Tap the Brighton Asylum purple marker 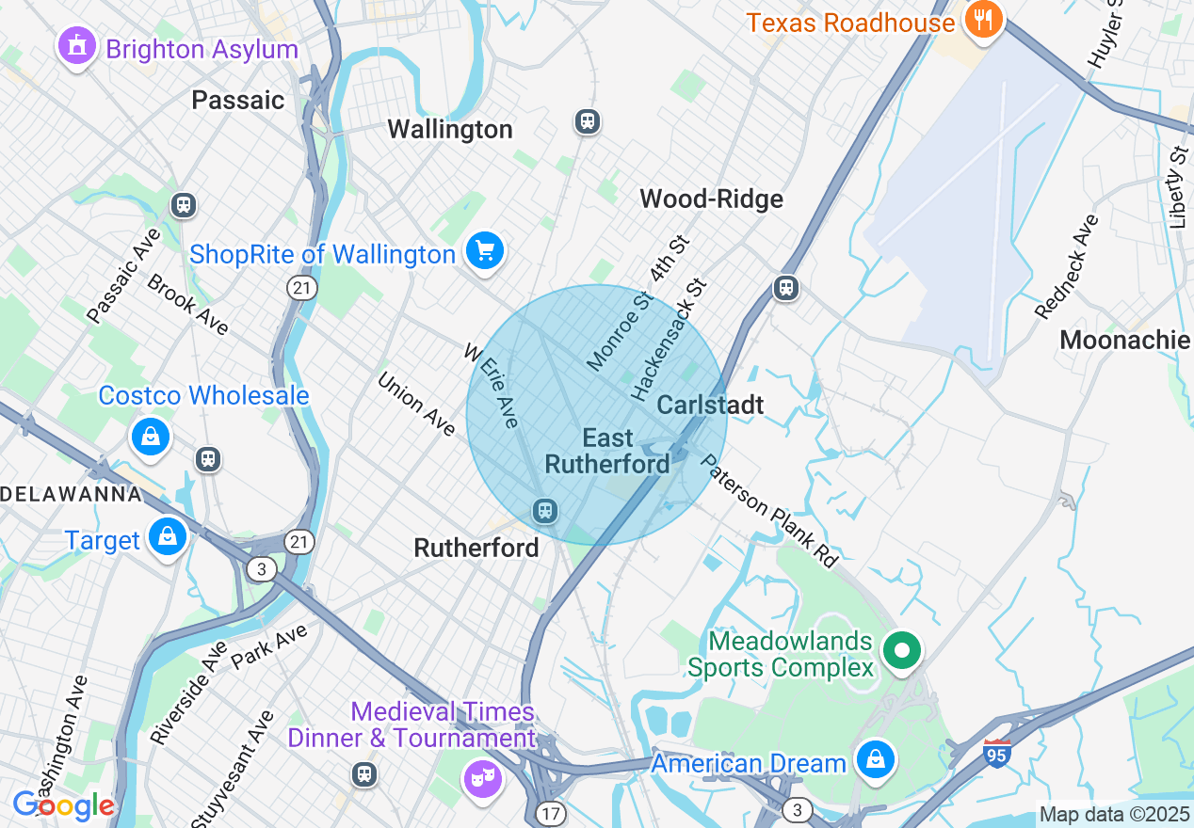(x=76, y=45)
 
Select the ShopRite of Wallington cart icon (x=485, y=251)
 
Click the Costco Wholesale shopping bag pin (x=150, y=437)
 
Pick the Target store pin (x=167, y=537)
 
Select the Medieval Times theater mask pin (x=482, y=777)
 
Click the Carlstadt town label (x=709, y=405)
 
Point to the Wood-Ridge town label (x=711, y=199)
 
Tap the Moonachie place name (x=1124, y=340)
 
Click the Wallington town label (x=450, y=129)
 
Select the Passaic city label (x=237, y=100)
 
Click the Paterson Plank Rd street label (x=769, y=512)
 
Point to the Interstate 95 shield (x=996, y=753)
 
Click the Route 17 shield (x=551, y=811)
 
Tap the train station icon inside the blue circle (x=543, y=511)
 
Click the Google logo (x=63, y=805)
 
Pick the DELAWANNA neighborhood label (x=71, y=494)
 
